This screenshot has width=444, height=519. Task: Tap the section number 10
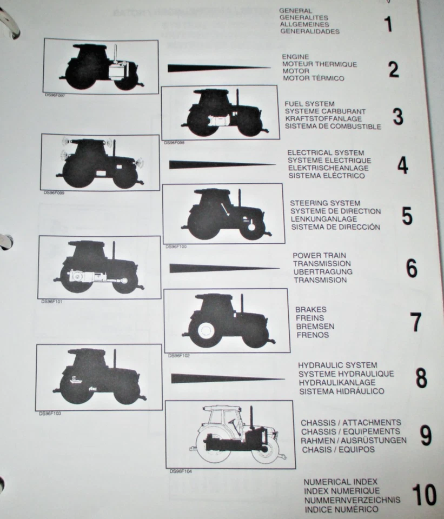(425, 495)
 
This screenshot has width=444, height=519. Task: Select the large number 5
(407, 216)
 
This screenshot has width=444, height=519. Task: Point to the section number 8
(421, 378)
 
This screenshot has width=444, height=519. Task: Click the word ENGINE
(295, 57)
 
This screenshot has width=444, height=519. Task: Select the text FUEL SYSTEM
(309, 104)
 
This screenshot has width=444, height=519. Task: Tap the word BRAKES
(310, 310)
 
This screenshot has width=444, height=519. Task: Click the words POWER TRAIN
(319, 255)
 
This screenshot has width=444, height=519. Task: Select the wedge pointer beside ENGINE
(216, 68)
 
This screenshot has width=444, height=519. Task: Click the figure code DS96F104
(181, 471)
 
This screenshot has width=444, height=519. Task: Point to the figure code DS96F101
(52, 301)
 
